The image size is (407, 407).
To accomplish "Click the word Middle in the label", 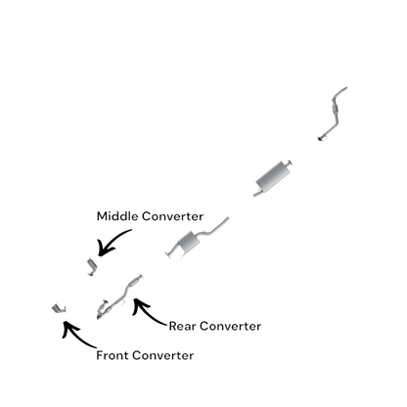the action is coord(117,216).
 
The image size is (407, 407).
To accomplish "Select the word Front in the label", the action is coord(113,355).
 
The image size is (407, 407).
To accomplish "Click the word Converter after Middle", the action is coord(173,216).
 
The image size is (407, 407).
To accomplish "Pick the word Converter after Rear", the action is coord(230,326).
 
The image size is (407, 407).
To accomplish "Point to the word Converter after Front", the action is coord(163,355).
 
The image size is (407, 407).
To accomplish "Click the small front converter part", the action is coord(59,308).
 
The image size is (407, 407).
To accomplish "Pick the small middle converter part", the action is coord(92,266).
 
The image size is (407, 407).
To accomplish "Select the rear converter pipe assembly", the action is coord(119,296).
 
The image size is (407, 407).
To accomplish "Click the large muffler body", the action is coord(273,176).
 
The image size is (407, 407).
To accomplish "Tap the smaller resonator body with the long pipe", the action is coord(188,242).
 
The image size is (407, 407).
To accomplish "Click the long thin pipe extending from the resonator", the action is coord(216,227).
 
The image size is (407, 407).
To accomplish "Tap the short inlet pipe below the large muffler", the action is coord(257,194).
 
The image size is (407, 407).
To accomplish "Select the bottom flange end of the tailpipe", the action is coord(322,138).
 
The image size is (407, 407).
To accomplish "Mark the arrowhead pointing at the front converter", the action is coord(69,328).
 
